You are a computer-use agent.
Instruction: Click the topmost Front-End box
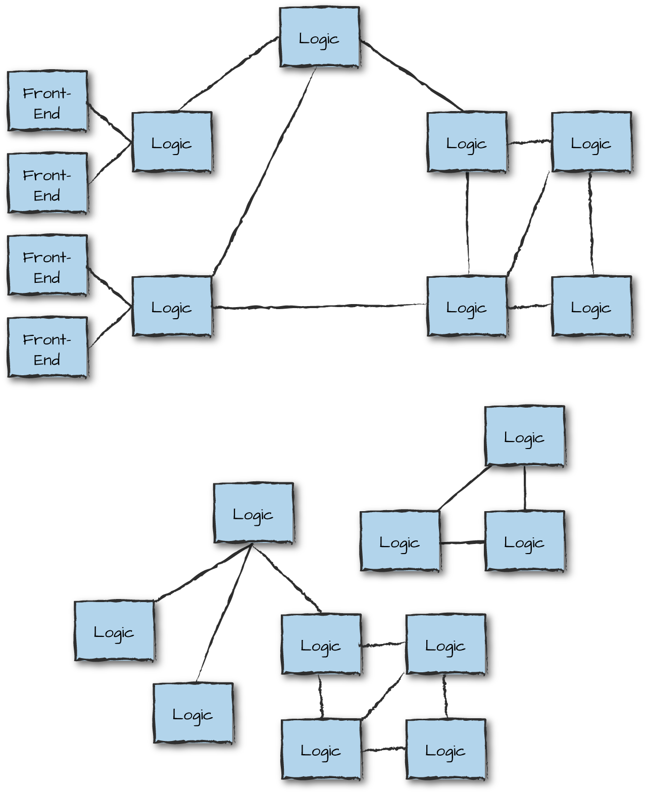(47, 101)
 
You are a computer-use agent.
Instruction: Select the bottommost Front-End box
(47, 347)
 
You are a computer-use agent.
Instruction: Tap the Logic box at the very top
(319, 37)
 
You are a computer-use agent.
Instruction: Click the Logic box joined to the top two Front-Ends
(172, 142)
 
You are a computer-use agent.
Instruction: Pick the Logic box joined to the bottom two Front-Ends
(172, 306)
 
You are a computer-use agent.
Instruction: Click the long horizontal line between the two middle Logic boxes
(318, 306)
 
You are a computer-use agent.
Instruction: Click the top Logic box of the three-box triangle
(524, 435)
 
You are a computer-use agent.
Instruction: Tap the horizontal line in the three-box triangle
(462, 542)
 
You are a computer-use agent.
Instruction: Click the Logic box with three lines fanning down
(253, 513)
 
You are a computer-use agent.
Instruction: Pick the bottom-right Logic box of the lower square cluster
(445, 750)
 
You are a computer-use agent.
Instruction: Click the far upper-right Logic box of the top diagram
(591, 142)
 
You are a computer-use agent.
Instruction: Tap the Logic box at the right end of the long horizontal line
(467, 306)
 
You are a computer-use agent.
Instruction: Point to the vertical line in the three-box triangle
(525, 488)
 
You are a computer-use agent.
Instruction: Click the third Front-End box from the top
(47, 265)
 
